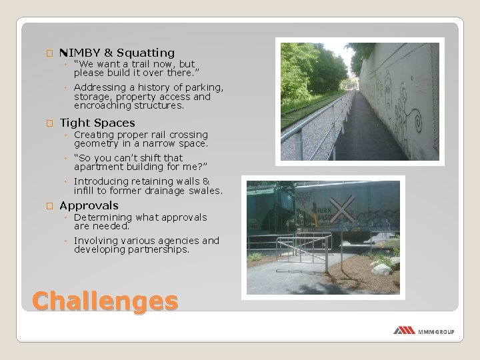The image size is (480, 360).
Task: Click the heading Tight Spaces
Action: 97,123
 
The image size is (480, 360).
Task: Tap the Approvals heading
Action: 89,205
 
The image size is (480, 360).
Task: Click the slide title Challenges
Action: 105,300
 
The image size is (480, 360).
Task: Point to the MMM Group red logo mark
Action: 404,331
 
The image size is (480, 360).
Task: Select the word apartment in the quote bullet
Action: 99,167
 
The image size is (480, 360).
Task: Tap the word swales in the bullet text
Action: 203,190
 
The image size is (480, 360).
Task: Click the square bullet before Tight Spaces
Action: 48,123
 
